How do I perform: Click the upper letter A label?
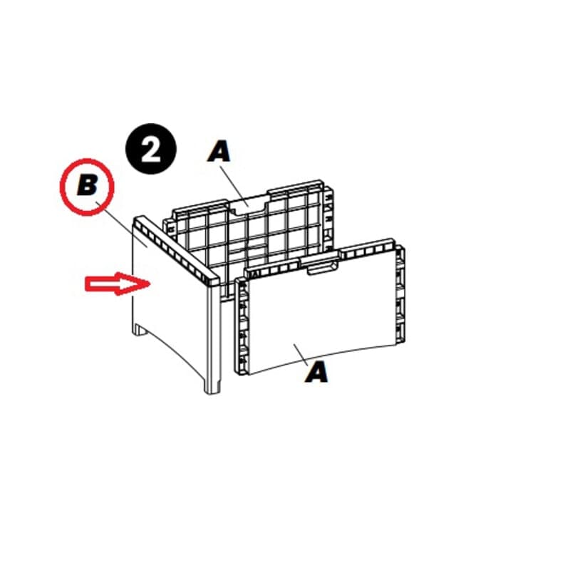pos(219,151)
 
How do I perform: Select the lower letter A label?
pos(317,372)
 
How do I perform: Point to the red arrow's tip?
pos(150,284)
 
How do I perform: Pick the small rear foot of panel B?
pos(140,330)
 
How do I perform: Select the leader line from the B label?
pos(121,224)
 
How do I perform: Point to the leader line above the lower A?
pos(301,354)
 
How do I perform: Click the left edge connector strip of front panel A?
pos(242,326)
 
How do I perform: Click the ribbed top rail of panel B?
pos(177,249)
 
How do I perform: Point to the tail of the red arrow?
pos(86,284)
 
